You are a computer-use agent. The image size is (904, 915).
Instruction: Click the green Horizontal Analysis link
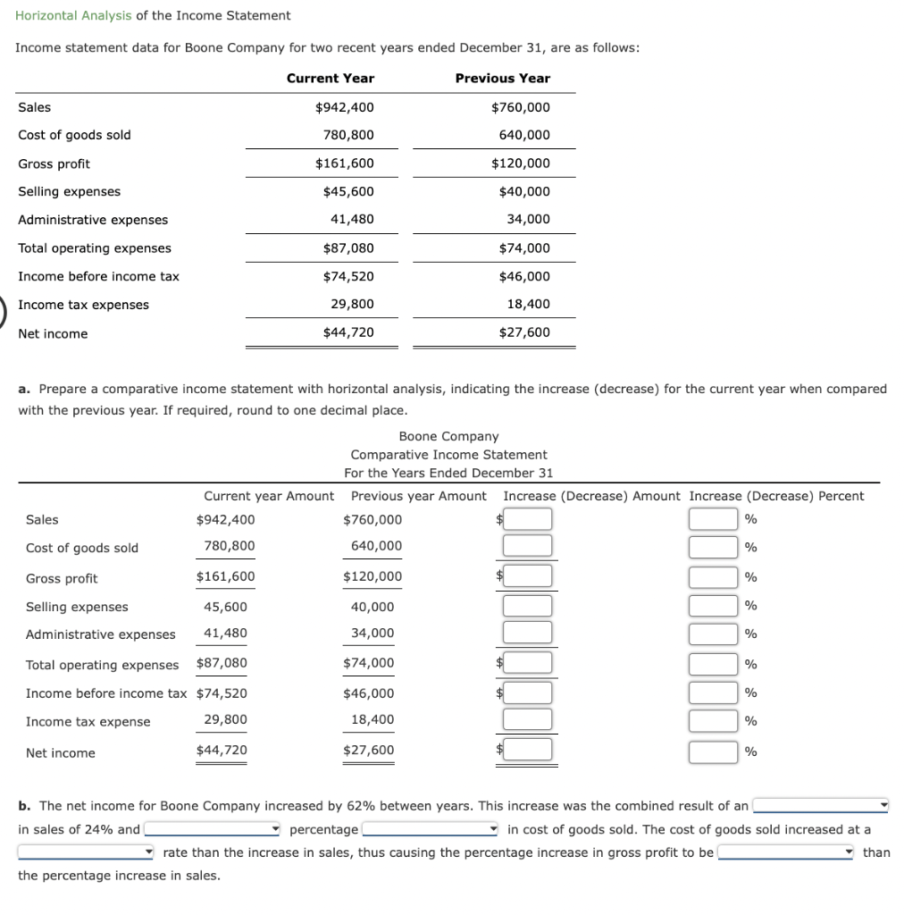(x=73, y=15)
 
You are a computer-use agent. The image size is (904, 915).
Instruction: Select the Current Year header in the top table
(x=330, y=78)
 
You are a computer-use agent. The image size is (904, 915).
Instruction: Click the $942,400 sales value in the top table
(x=344, y=107)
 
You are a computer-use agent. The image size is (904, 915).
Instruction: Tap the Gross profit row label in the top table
(x=54, y=164)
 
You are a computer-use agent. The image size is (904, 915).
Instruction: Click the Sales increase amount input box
(x=527, y=519)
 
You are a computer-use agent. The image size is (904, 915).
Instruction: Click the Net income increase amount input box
(x=527, y=751)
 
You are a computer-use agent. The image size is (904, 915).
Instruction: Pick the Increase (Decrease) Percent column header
(x=776, y=496)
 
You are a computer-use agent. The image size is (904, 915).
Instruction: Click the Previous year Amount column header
(x=419, y=496)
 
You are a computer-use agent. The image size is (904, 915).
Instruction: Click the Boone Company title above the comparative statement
(x=448, y=436)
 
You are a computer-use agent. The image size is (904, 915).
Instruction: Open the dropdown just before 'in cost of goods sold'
(x=430, y=829)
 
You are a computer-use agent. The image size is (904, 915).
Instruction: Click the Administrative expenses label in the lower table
(x=100, y=634)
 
